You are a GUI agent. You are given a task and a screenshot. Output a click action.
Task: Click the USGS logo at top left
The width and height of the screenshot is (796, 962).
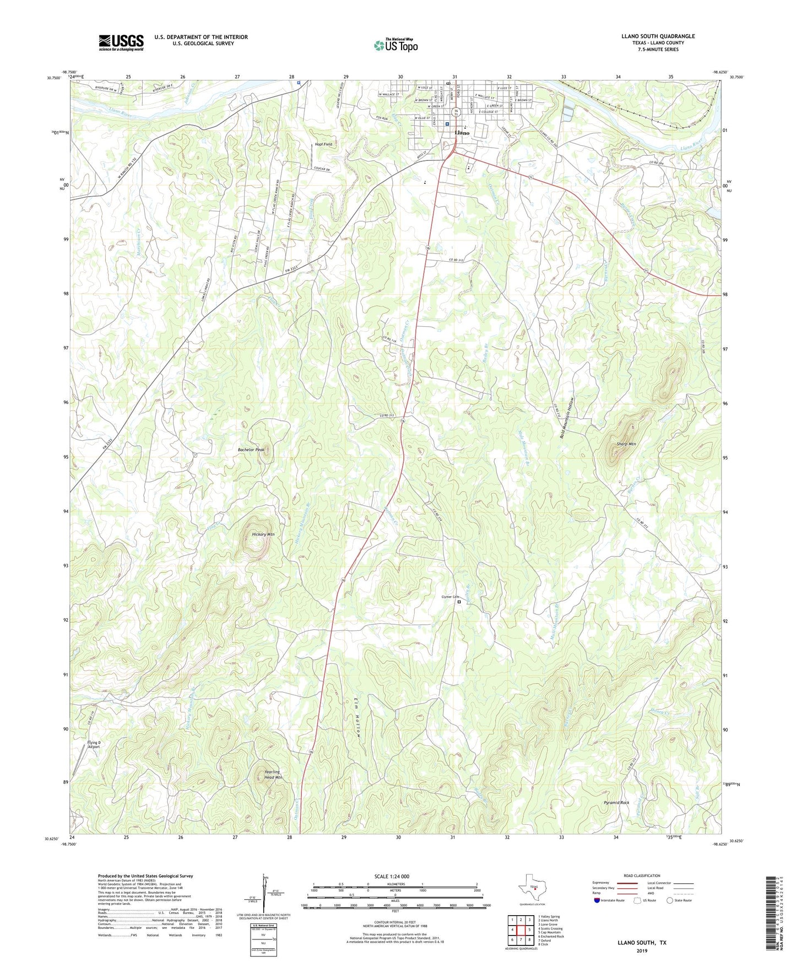(x=121, y=42)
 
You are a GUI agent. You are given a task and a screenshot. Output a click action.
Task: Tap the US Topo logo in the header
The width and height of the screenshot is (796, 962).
(x=396, y=45)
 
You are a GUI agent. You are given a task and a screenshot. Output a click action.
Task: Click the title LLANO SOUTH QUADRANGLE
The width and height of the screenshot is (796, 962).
(x=658, y=36)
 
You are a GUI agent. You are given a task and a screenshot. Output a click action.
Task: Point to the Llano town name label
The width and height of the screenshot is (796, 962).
(x=462, y=133)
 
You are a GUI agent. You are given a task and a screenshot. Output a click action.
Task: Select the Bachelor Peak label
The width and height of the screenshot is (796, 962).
(x=251, y=450)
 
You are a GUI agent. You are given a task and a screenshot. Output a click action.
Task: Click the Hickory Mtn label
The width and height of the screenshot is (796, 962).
(x=263, y=534)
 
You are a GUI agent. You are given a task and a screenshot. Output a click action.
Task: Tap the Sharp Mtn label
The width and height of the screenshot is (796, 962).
(x=626, y=444)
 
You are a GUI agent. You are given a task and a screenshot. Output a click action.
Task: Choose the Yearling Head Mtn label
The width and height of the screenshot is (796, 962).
(x=272, y=775)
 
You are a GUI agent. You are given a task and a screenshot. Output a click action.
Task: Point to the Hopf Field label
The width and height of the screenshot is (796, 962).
(x=323, y=144)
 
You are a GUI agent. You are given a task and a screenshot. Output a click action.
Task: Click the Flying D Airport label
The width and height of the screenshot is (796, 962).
(x=94, y=745)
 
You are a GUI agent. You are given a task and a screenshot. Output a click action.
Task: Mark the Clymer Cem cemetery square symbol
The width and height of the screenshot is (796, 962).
(x=459, y=602)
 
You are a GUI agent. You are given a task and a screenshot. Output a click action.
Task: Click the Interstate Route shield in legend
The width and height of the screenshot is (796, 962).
(x=597, y=900)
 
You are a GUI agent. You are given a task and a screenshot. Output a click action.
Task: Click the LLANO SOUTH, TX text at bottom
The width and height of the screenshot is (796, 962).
(x=642, y=943)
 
